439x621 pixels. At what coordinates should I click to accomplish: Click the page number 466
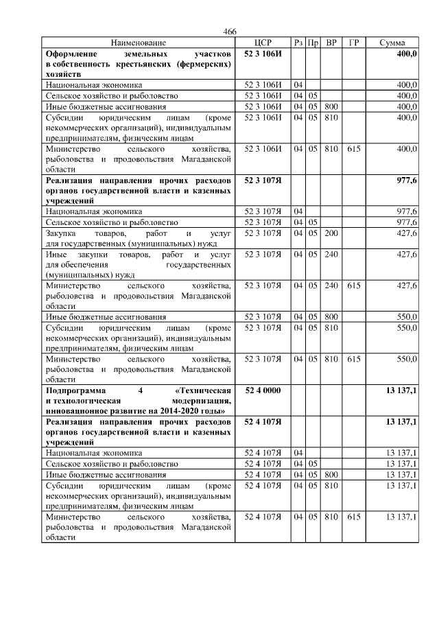click(x=230, y=32)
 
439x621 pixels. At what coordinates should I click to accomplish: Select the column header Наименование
click(x=138, y=43)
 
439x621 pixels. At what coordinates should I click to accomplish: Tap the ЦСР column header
click(x=263, y=43)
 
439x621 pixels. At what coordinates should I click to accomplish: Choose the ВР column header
click(x=331, y=43)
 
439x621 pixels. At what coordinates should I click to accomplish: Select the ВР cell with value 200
click(x=331, y=234)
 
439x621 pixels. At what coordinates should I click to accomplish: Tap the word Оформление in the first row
click(x=71, y=53)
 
